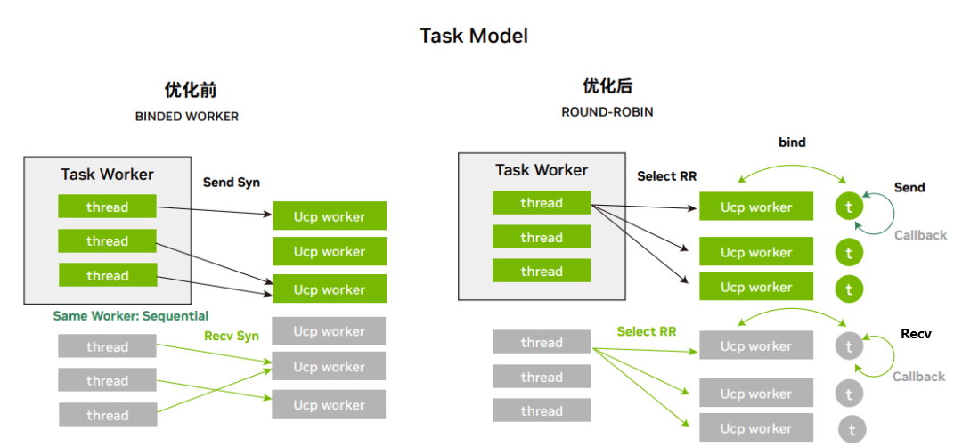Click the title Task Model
click(473, 36)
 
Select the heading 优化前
click(191, 90)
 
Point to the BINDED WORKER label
click(187, 117)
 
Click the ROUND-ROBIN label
click(607, 112)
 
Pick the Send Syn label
click(232, 183)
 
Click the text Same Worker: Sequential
click(131, 316)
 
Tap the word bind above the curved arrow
click(792, 142)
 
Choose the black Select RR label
click(667, 176)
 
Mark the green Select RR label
click(647, 332)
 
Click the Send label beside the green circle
click(909, 188)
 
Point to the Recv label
click(916, 334)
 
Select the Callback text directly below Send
click(920, 235)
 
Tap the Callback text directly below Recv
click(919, 377)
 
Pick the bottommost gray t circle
click(852, 429)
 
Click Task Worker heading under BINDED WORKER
click(107, 175)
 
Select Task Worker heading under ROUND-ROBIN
click(542, 170)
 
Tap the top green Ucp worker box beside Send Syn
click(330, 216)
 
